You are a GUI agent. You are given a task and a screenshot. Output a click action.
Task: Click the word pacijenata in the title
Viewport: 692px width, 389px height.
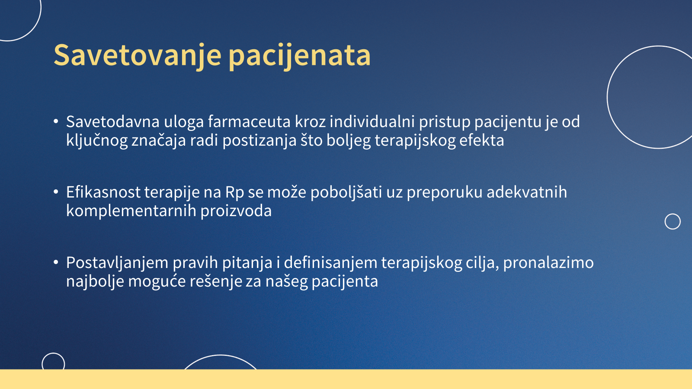[x=300, y=56]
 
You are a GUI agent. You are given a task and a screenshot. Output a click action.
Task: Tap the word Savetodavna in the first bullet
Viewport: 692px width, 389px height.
[x=113, y=121]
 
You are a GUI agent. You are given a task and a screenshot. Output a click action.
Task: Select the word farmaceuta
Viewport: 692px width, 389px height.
[x=249, y=121]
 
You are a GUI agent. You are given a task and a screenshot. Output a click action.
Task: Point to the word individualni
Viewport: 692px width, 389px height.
[x=372, y=121]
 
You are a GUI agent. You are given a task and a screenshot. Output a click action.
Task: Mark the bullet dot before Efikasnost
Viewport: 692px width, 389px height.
[x=56, y=192]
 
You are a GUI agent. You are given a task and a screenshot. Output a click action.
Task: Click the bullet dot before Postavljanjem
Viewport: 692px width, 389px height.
[x=56, y=262]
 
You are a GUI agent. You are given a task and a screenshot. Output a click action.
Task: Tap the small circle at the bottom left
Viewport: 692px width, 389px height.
[x=42, y=363]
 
